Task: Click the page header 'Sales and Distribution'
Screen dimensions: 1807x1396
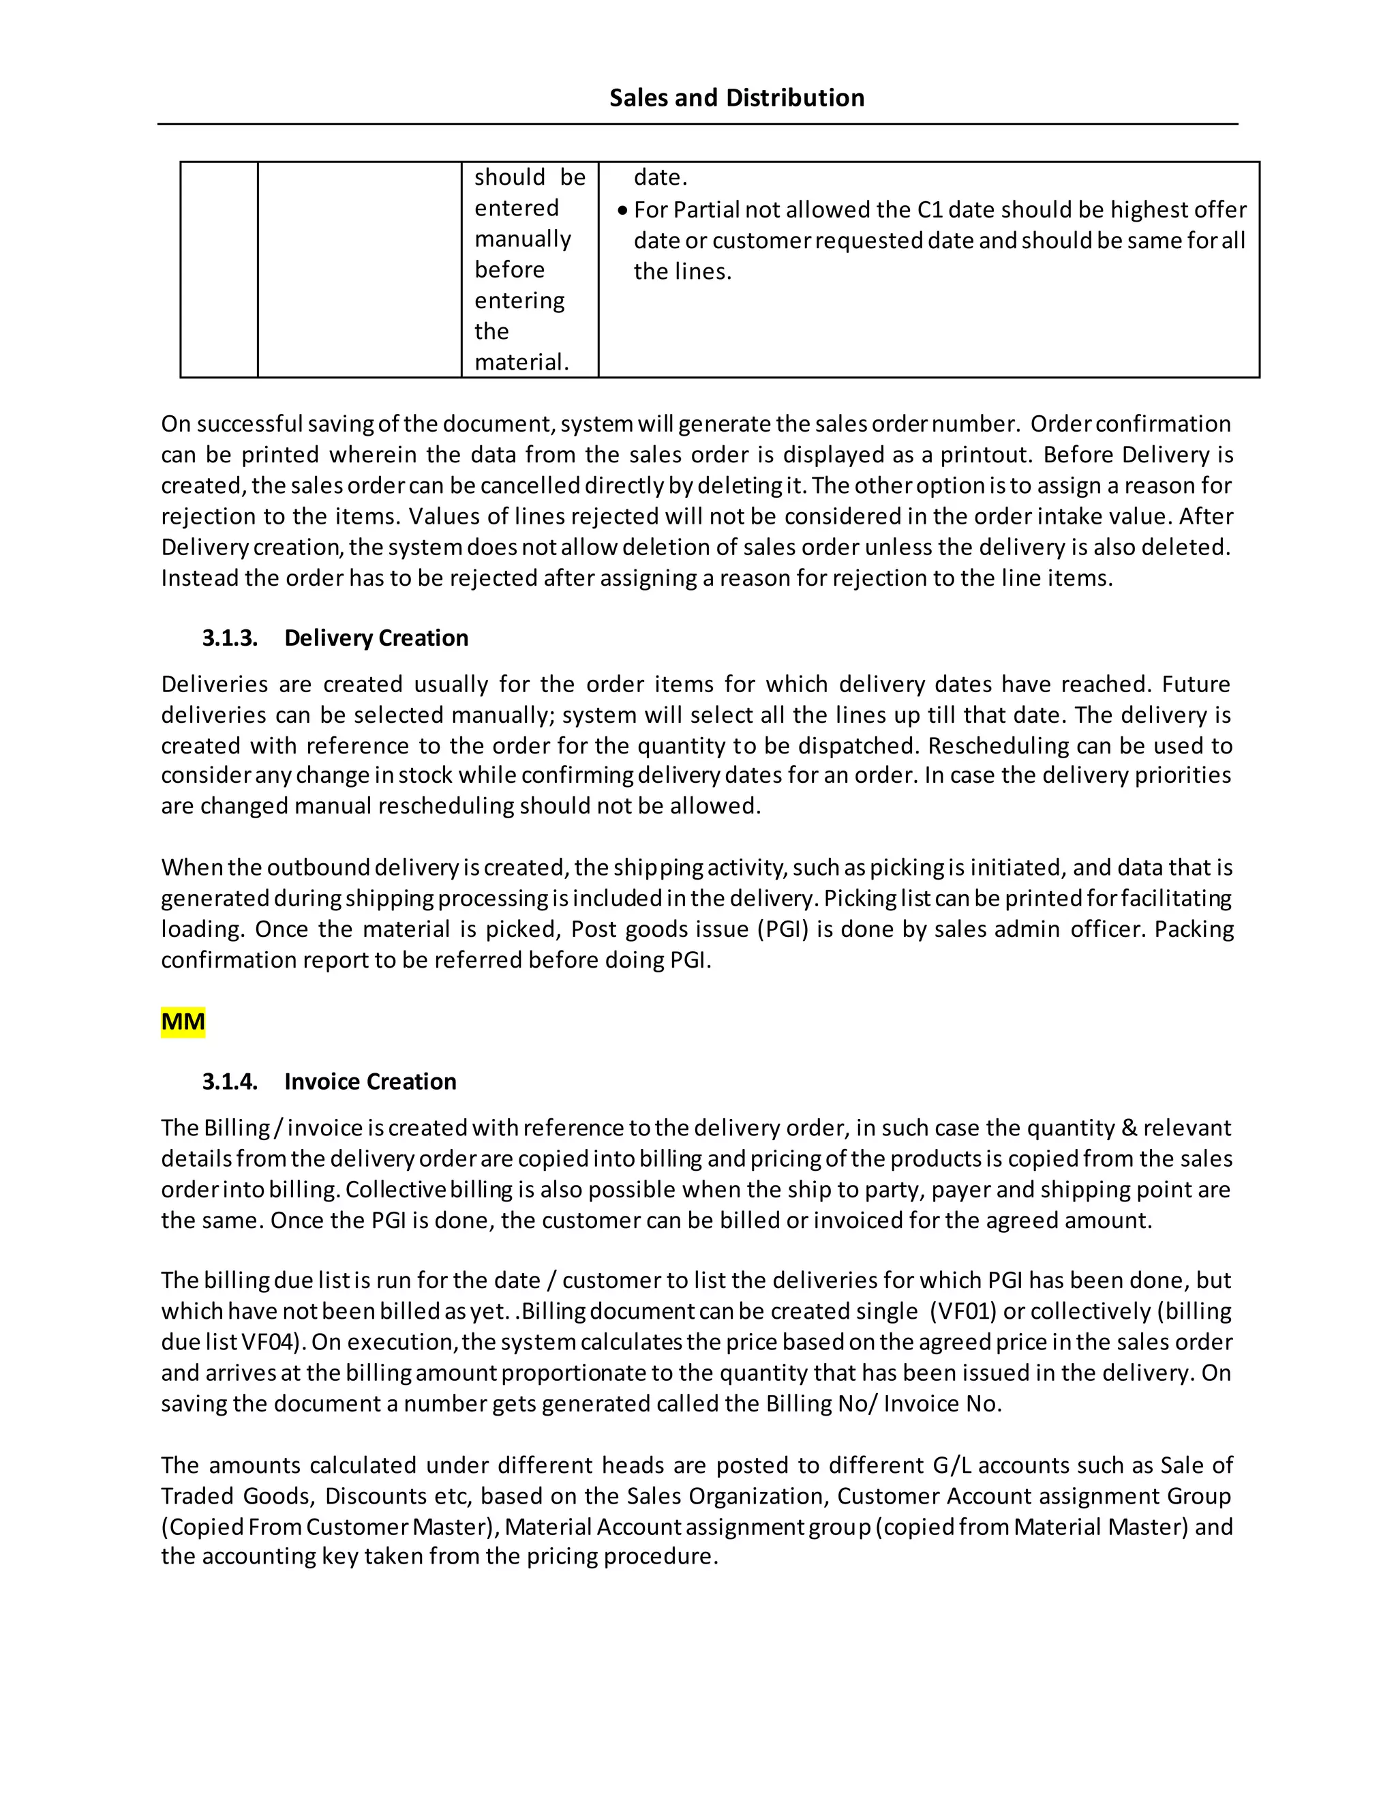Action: coord(736,98)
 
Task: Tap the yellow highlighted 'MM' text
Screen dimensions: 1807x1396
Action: coord(183,1022)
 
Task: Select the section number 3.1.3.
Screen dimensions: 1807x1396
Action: coord(230,638)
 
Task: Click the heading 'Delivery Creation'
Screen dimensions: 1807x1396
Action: coord(376,638)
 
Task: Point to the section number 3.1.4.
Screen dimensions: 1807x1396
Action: coord(230,1081)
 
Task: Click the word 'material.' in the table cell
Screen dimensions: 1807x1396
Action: coord(521,362)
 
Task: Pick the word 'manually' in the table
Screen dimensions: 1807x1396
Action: coord(523,239)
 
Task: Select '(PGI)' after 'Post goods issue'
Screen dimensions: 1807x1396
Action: coord(783,929)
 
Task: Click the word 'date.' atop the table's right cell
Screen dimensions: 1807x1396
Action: coord(660,178)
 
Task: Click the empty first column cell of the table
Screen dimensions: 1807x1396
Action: coord(219,269)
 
